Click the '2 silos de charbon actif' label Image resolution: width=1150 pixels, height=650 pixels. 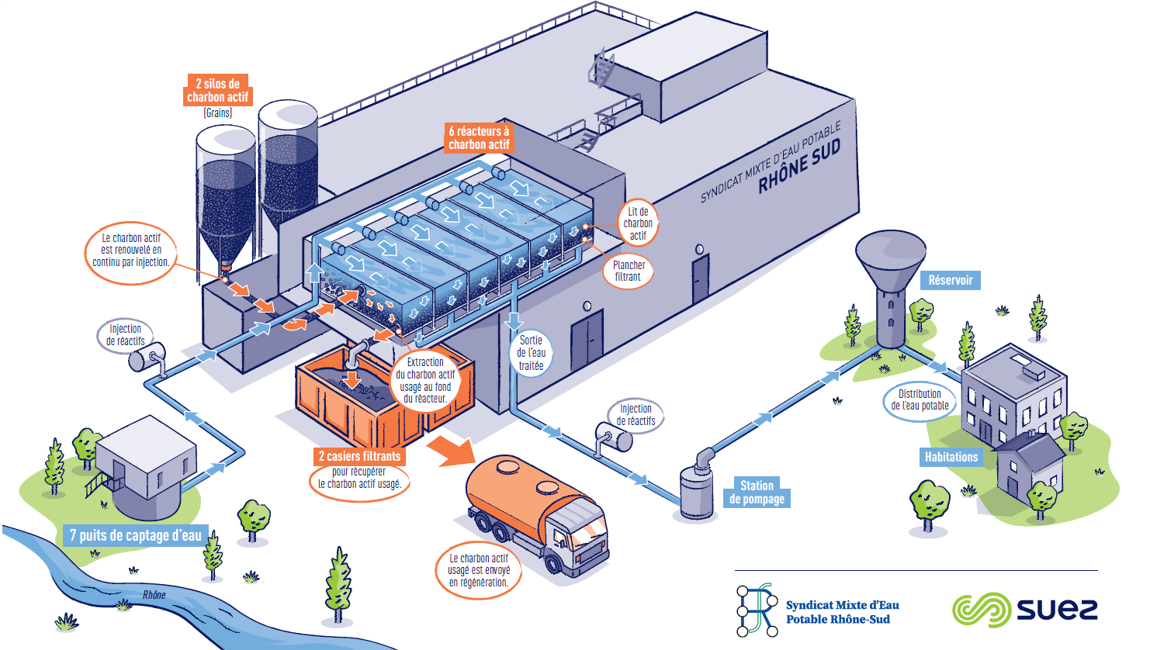click(x=217, y=90)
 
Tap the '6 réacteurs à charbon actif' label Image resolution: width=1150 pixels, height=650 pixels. click(x=479, y=137)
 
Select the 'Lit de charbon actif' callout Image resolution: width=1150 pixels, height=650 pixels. click(x=638, y=223)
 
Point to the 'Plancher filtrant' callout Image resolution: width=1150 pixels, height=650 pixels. click(x=629, y=271)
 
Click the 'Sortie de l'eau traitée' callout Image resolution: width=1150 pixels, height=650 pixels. click(x=531, y=353)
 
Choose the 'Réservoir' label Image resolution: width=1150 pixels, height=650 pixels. click(x=950, y=280)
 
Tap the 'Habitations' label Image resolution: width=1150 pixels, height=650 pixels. click(x=951, y=457)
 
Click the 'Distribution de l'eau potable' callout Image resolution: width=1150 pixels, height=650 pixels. click(x=920, y=399)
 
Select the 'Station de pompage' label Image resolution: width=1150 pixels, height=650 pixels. click(x=757, y=493)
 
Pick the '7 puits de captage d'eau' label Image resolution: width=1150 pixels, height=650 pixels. click(x=136, y=535)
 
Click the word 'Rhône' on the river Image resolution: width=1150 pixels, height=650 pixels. click(x=154, y=595)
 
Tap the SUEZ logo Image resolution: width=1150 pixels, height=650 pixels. click(x=1024, y=610)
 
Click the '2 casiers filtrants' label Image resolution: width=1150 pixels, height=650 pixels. click(x=359, y=456)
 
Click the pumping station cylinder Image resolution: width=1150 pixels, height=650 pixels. click(x=696, y=491)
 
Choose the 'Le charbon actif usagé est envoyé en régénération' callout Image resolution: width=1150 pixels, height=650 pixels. click(x=479, y=570)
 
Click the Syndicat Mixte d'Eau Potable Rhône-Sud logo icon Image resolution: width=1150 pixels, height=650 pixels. click(x=757, y=610)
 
